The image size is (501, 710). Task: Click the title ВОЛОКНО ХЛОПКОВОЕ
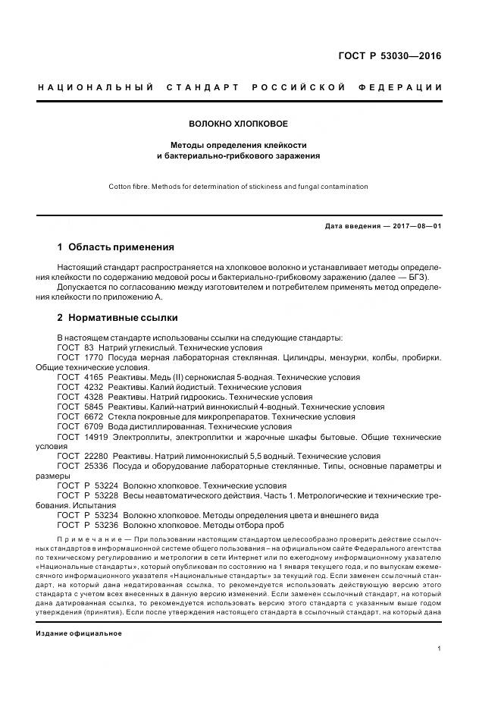click(238, 123)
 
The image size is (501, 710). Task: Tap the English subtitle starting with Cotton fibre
click(238, 186)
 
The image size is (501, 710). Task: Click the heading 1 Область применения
click(116, 247)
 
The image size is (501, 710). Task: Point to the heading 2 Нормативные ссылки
click(117, 318)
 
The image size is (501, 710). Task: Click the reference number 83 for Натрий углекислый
click(87, 347)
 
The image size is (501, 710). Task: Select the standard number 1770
click(92, 357)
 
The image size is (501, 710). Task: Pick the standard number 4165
click(92, 377)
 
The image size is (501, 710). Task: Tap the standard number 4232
click(92, 387)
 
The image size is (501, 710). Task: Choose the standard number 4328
click(92, 397)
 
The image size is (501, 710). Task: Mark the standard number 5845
click(92, 407)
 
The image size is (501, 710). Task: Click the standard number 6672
click(92, 416)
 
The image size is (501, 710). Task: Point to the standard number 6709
click(92, 426)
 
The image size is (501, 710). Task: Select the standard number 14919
click(94, 437)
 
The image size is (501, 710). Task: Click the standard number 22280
click(94, 457)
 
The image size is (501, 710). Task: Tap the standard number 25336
click(94, 467)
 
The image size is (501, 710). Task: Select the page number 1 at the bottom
click(439, 648)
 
